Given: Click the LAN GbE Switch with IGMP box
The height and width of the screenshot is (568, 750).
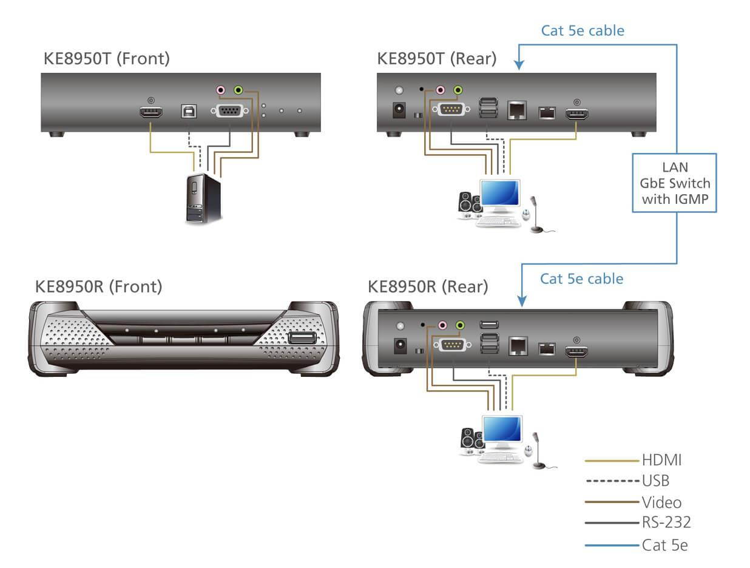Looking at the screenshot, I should tap(674, 183).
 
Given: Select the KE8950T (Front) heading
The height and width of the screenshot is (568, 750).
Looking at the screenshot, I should tap(107, 58).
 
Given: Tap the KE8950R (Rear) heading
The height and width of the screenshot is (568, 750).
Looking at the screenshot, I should tap(428, 286).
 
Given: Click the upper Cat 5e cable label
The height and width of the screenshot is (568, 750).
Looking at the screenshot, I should tap(582, 30).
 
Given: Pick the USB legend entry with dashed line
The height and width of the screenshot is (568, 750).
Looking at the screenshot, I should tap(655, 481).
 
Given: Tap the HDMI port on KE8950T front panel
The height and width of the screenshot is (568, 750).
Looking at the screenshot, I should tap(150, 112).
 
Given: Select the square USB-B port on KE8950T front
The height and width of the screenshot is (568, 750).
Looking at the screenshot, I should tap(186, 111).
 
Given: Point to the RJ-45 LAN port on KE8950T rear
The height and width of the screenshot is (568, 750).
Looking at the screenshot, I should tap(516, 110).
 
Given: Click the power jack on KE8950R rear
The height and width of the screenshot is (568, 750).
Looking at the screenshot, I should tap(400, 346).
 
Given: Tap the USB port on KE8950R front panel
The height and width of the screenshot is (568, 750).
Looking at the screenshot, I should tap(302, 338).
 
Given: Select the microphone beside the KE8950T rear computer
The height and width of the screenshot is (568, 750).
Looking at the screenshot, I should tap(535, 214).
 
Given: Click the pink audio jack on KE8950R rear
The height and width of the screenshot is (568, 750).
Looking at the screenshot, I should tap(442, 325).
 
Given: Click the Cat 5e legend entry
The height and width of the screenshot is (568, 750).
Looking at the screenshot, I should tap(664, 545).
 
